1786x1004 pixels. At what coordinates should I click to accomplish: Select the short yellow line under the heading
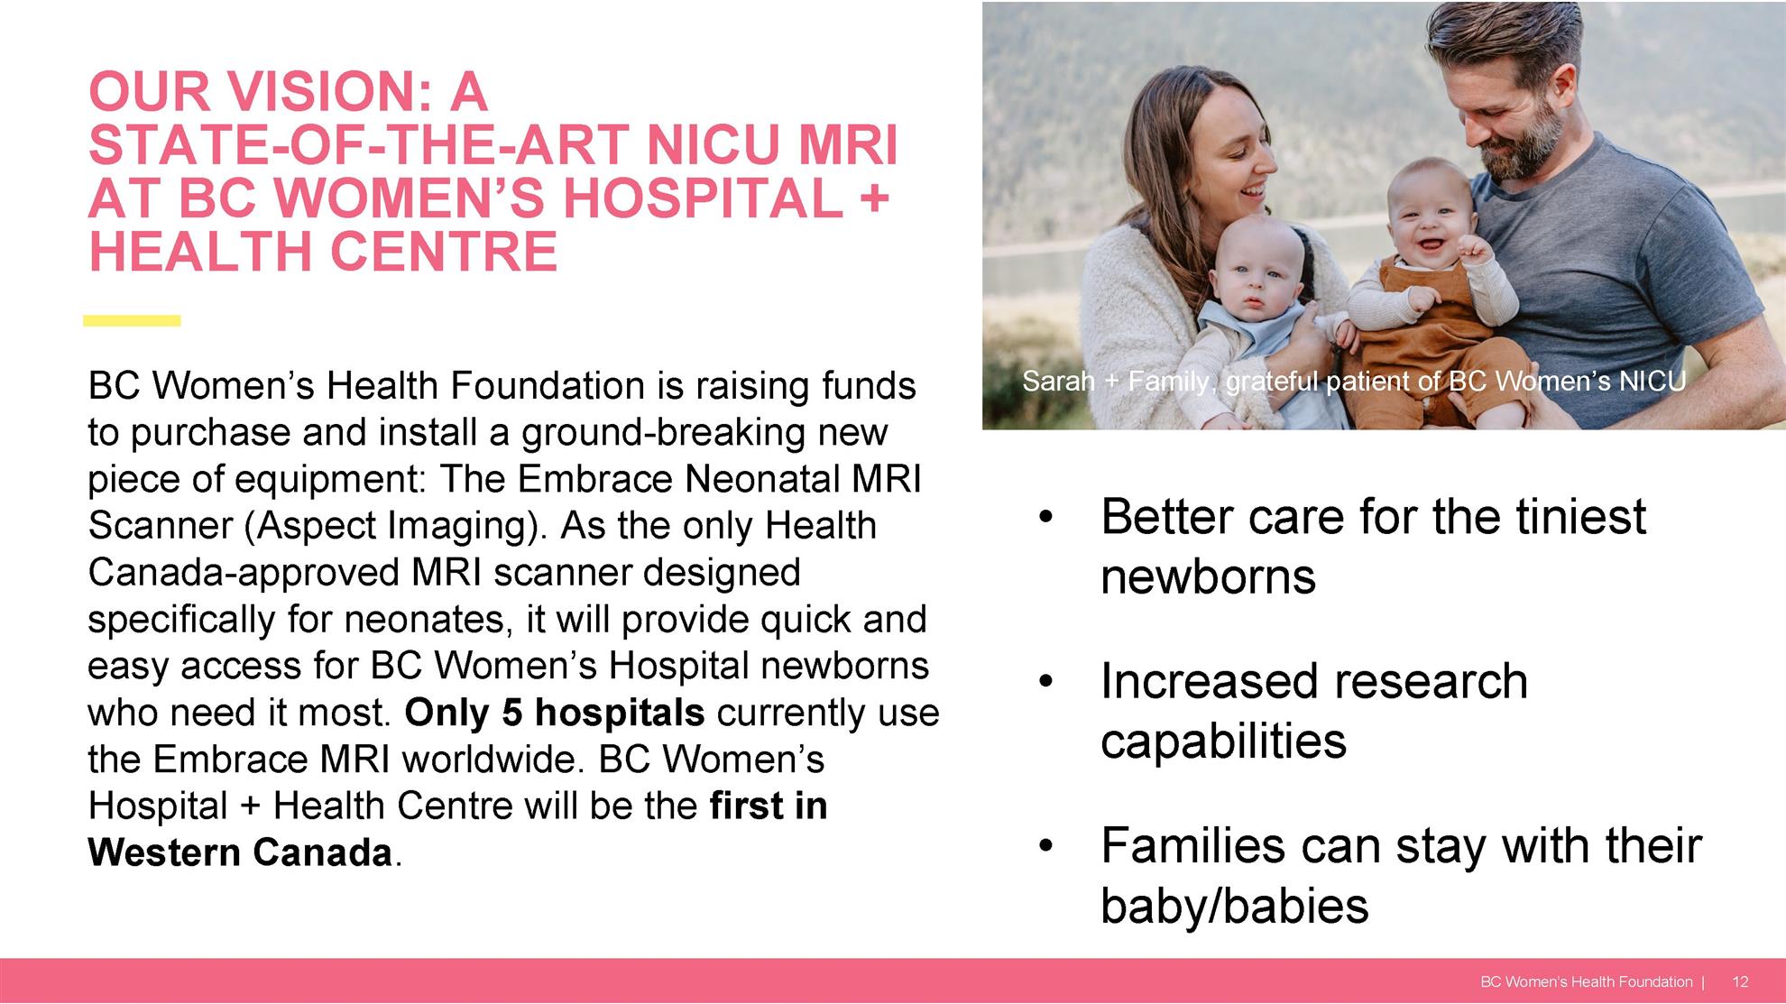pyautogui.click(x=132, y=320)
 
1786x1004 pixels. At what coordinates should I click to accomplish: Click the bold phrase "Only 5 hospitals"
pyautogui.click(x=554, y=713)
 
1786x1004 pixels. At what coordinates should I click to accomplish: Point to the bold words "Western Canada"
pyautogui.click(x=240, y=852)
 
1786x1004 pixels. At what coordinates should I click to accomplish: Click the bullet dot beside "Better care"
pyautogui.click(x=1045, y=518)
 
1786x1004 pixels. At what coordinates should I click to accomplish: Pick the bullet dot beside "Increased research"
pyautogui.click(x=1045, y=682)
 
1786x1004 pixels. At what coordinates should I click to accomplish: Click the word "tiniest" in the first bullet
pyautogui.click(x=1580, y=517)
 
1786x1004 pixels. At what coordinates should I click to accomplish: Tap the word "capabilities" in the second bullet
pyautogui.click(x=1223, y=741)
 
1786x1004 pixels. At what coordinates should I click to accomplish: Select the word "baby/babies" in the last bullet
pyautogui.click(x=1234, y=906)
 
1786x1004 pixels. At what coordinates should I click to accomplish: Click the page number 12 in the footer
pyautogui.click(x=1740, y=981)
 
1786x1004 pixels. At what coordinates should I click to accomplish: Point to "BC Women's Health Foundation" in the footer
pyautogui.click(x=1587, y=981)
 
